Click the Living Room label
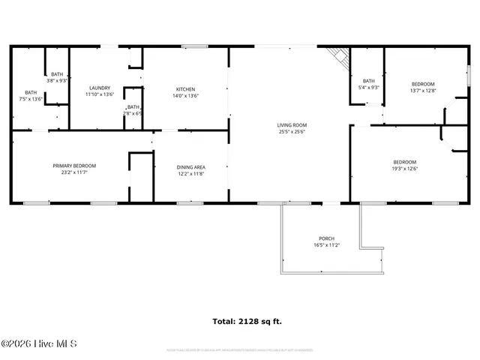[x=292, y=125]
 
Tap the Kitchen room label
[x=185, y=89]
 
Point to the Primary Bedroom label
[x=74, y=166]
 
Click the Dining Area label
[x=190, y=166]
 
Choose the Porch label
[x=326, y=238]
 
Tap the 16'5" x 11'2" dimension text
[x=326, y=245]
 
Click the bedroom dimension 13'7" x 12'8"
[x=423, y=91]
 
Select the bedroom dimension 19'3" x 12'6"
[x=405, y=169]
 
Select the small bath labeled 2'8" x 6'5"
[x=133, y=110]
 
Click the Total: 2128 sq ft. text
[x=247, y=321]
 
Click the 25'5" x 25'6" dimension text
[x=292, y=132]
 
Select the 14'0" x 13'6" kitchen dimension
[x=185, y=96]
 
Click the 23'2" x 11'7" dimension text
[x=74, y=172]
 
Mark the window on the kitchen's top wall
[x=194, y=47]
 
